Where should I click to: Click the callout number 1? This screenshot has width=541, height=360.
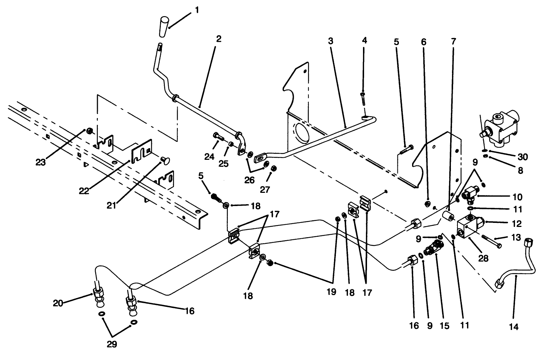tap(197, 10)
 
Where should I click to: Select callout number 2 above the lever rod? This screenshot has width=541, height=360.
tap(218, 39)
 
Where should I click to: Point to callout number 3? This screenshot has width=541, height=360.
tap(330, 41)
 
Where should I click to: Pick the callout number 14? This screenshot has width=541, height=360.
tap(514, 327)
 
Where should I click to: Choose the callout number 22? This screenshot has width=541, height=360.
tap(85, 191)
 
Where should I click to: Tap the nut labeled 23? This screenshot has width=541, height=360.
tap(89, 130)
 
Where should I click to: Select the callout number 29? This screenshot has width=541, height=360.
tap(112, 344)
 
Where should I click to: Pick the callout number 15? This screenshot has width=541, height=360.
tap(444, 326)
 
